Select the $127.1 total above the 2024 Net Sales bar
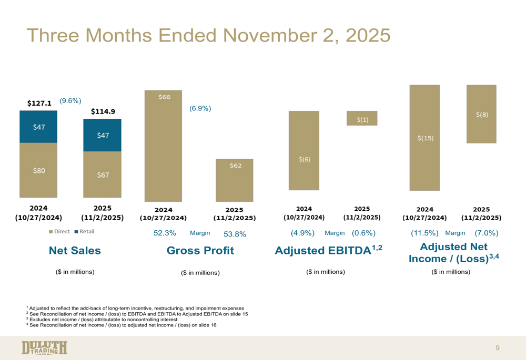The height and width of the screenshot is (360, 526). pos(39,104)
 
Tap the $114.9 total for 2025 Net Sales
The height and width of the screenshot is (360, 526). pos(103,111)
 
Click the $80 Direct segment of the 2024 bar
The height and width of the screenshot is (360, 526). pos(39,170)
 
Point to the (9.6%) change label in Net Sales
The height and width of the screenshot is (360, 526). pos(70,100)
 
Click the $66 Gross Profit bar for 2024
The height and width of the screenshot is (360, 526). pos(164,146)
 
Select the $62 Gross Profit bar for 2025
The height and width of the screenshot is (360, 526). pos(235,180)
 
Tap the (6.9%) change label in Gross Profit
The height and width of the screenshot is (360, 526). pos(200,108)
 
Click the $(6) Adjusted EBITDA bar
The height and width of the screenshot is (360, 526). pos(304,150)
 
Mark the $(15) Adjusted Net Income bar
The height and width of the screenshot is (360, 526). pos(424,138)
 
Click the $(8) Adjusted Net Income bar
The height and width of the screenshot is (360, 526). pos(481,114)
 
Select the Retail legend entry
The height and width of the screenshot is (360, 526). pos(86,231)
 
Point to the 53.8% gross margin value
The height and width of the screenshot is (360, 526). pos(235,234)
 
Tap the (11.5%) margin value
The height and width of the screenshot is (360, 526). pos(424,233)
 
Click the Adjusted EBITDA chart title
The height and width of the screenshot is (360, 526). pos(326,251)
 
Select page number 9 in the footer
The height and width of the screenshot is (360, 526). pos(497,347)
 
